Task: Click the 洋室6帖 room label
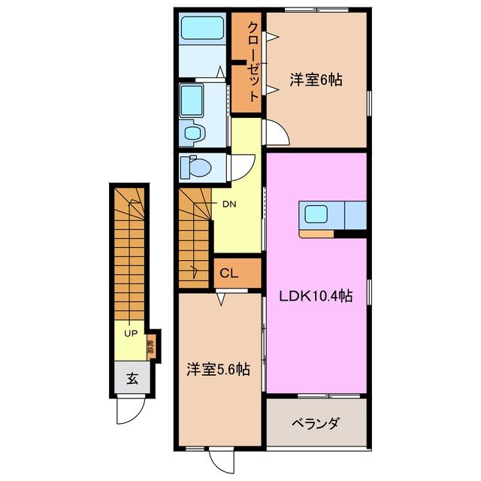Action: coord(316,79)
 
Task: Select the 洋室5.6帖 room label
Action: coord(219,370)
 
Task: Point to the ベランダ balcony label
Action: coord(315,422)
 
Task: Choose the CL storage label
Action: coord(230,274)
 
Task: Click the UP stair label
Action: coord(131,333)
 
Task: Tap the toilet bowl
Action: coord(197,167)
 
